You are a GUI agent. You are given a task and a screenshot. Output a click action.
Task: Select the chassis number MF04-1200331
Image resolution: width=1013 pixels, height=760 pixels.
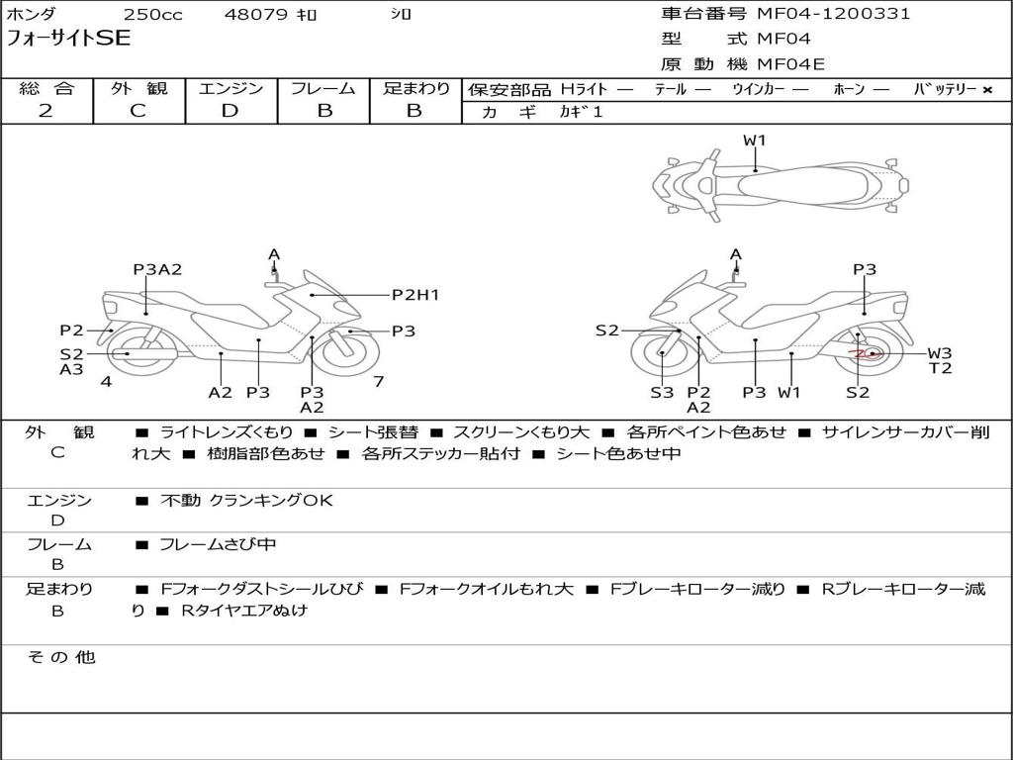click(x=834, y=14)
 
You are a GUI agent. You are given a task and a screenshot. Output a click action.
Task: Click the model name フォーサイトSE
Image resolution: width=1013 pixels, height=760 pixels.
click(x=68, y=39)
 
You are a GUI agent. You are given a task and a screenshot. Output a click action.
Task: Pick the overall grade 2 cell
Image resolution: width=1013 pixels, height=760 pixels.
click(x=46, y=111)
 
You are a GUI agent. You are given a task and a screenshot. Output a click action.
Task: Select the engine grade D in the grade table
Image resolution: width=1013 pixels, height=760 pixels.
click(x=230, y=111)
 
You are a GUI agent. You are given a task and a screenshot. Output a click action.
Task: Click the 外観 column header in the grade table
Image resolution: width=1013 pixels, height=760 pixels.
click(x=138, y=88)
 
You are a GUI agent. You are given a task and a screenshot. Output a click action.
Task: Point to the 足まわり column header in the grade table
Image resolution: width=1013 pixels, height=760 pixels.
click(x=416, y=88)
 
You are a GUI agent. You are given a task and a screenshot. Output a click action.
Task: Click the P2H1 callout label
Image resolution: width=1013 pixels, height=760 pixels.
click(x=415, y=294)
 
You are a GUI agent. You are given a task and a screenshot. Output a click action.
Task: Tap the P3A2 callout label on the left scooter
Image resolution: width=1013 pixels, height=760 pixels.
click(x=158, y=269)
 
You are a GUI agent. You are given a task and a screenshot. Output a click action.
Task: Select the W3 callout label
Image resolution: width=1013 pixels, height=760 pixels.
click(x=939, y=353)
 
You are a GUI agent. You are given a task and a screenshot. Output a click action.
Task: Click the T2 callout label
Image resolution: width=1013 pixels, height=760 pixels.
click(x=939, y=369)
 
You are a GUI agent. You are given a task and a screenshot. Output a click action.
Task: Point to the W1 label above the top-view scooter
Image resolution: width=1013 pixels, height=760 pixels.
click(x=755, y=141)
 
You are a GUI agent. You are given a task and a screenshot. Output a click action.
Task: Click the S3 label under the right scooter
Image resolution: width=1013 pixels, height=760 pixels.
click(x=662, y=393)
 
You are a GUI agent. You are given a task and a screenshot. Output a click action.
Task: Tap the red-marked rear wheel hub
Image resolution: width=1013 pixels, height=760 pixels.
click(x=866, y=353)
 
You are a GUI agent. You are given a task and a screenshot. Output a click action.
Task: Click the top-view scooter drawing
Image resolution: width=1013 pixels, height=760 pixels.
click(x=781, y=184)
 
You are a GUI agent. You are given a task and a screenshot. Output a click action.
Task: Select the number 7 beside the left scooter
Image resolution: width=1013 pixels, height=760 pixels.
click(x=378, y=381)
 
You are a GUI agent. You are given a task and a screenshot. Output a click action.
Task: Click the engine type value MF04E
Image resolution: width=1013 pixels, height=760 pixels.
click(x=790, y=64)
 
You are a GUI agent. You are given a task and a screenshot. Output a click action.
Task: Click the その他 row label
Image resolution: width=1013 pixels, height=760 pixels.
click(x=60, y=657)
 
